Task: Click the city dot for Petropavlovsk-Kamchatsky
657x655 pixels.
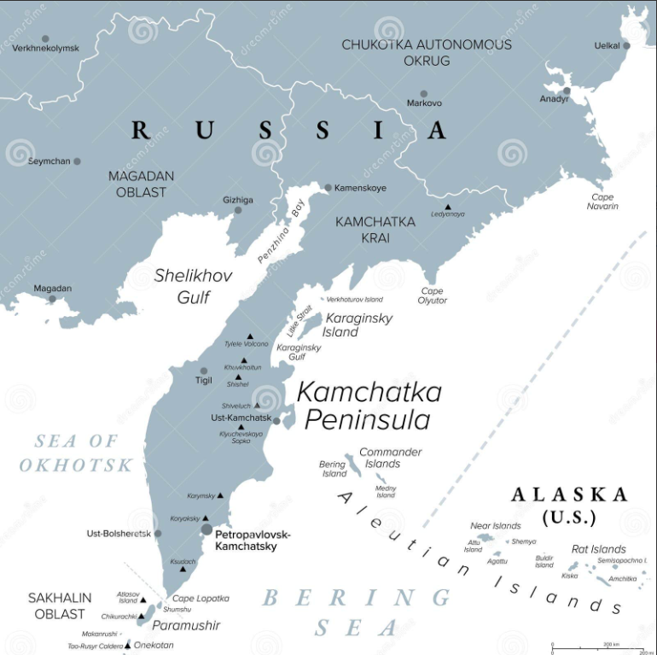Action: pos(206,529)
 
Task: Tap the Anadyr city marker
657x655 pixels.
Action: pos(566,90)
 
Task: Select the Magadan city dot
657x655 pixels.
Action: pos(52,299)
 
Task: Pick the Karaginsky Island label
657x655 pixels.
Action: pos(358,325)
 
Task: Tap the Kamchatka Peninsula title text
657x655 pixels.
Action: pos(369,406)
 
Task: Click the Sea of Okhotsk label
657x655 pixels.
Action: pos(77,453)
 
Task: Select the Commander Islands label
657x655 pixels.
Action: pos(390,458)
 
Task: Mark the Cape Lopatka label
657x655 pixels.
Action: pos(201,599)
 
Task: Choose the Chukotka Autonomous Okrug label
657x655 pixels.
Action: pos(427,52)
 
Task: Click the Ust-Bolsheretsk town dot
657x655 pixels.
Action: pos(157,534)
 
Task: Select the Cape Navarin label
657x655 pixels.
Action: pos(602,202)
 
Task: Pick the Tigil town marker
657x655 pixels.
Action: pos(203,371)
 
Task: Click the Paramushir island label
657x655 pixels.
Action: pos(186,625)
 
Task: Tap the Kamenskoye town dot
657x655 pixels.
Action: pos(328,187)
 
